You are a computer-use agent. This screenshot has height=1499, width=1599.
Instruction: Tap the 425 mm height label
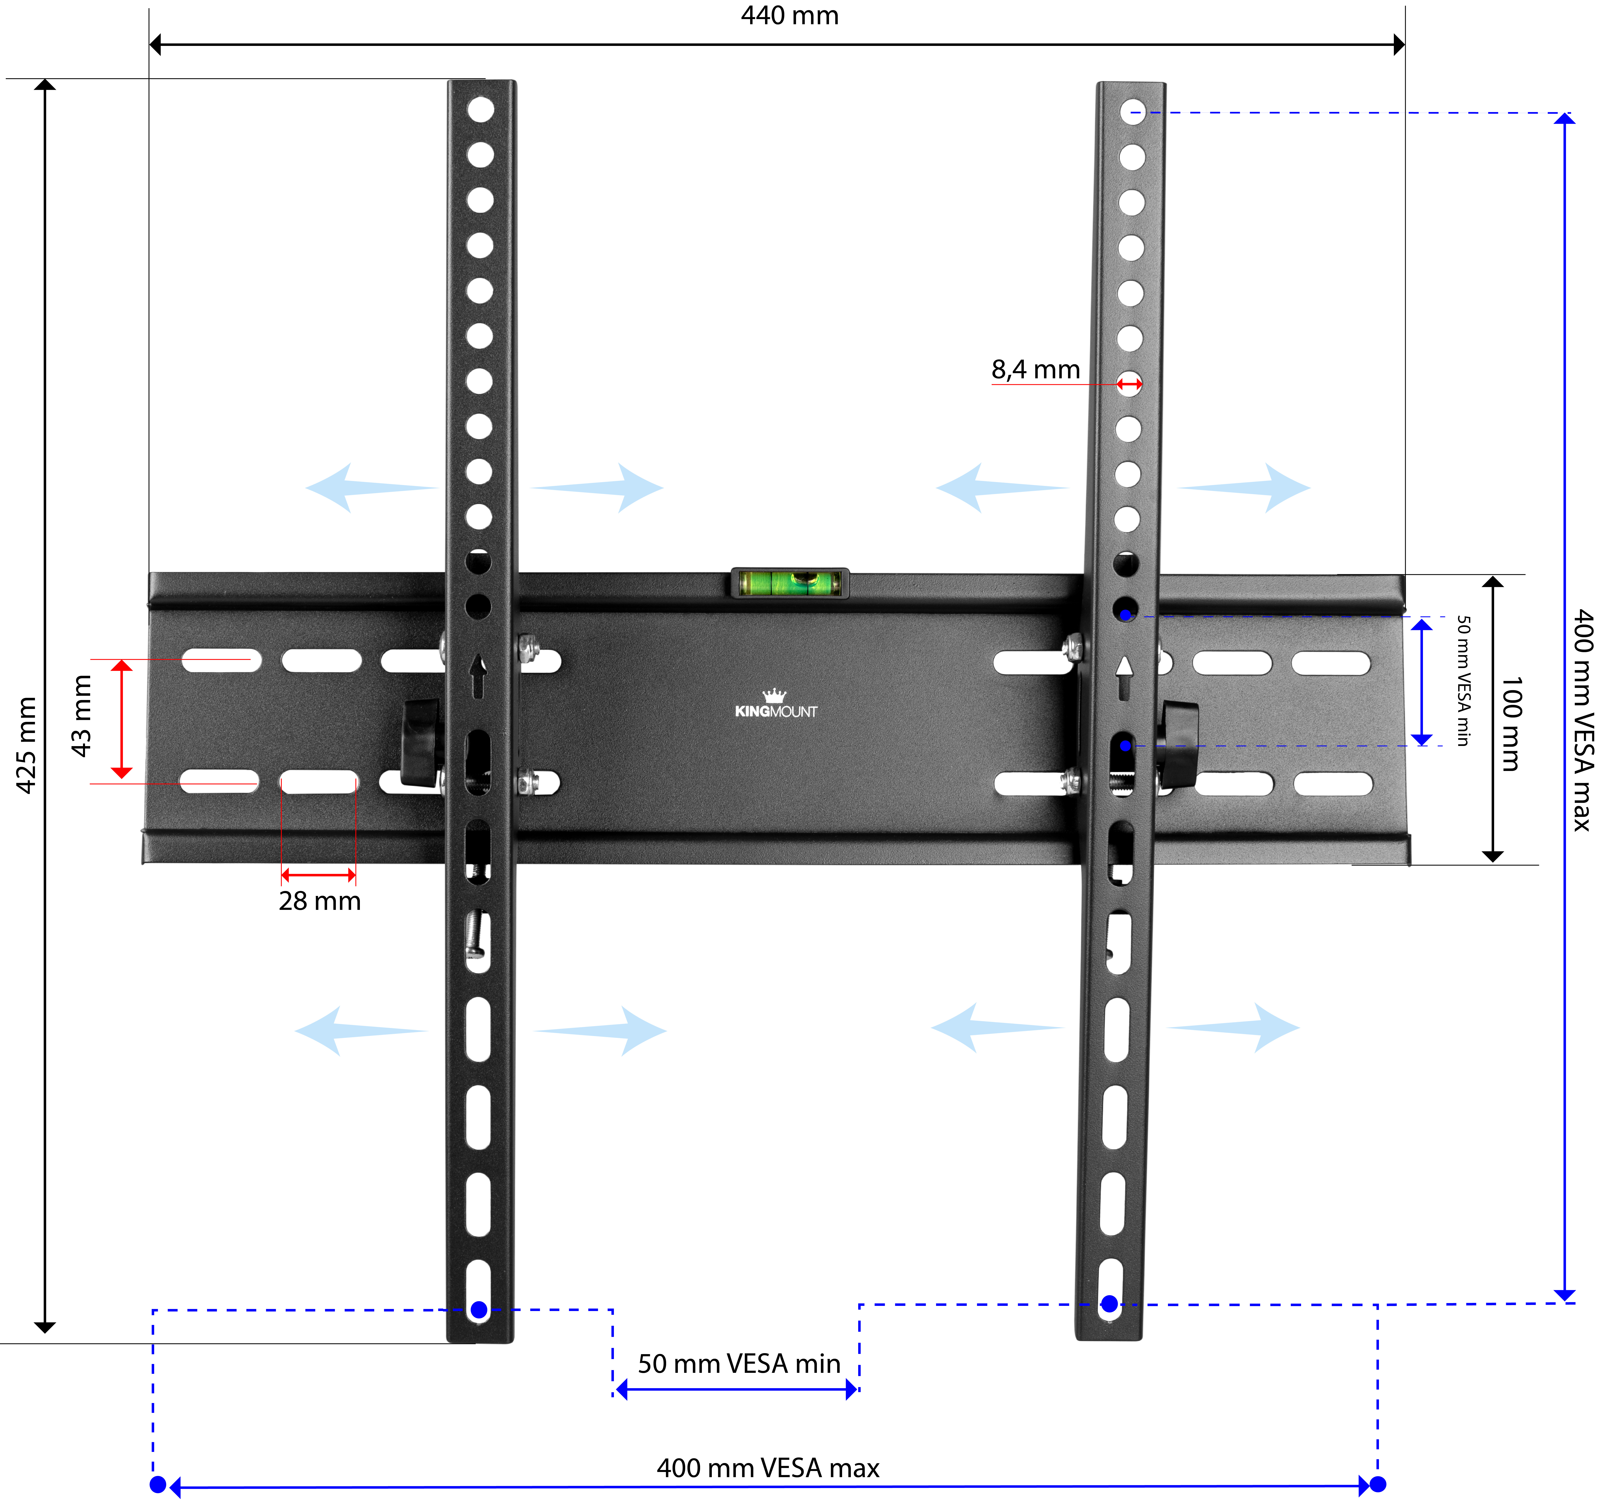(27, 745)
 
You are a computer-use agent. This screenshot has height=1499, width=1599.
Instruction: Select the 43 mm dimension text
(81, 716)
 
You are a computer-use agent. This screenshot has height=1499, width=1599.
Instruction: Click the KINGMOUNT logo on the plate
(775, 704)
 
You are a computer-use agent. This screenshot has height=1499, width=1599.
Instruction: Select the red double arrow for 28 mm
(319, 875)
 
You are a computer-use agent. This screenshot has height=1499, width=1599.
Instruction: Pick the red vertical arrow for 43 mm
(122, 719)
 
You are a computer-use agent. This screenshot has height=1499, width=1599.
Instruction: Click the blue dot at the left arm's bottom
(479, 1309)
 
